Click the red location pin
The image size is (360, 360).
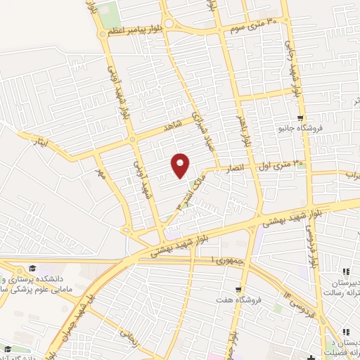(181, 165)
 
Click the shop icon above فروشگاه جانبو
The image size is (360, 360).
(301, 117)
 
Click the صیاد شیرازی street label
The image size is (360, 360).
(201, 127)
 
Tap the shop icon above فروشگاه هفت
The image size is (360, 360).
(240, 289)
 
